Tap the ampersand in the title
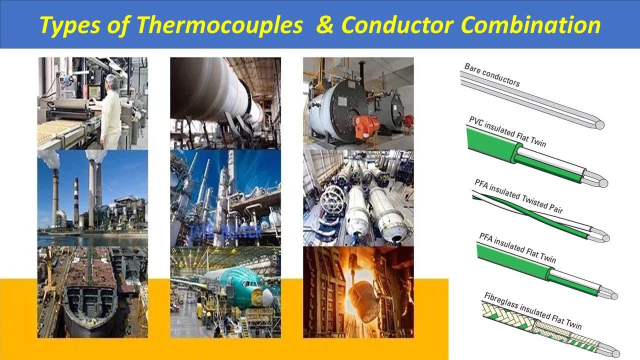tap(324, 25)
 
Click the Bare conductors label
tap(492, 75)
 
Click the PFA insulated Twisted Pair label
tap(518, 196)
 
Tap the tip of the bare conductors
tap(599, 124)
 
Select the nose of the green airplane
tap(268, 296)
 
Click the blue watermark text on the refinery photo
tap(225, 231)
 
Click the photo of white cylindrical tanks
tap(358, 197)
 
